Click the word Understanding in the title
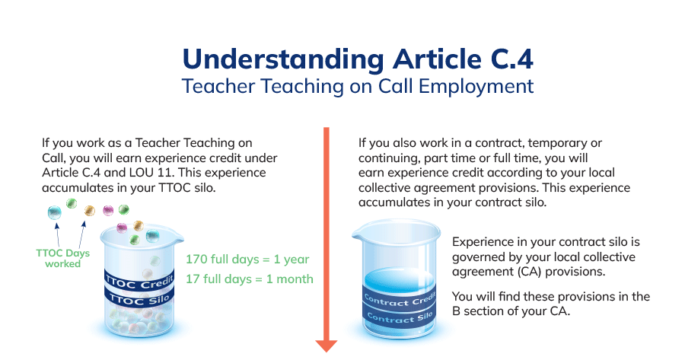point(283,59)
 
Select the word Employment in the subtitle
point(476,87)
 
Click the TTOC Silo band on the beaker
point(139,298)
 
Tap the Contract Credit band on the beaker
point(400,300)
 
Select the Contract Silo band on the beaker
point(400,317)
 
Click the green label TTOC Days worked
point(63,258)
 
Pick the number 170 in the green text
point(196,259)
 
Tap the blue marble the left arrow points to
point(55,213)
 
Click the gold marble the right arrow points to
point(89,211)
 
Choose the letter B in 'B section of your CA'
point(456,311)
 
